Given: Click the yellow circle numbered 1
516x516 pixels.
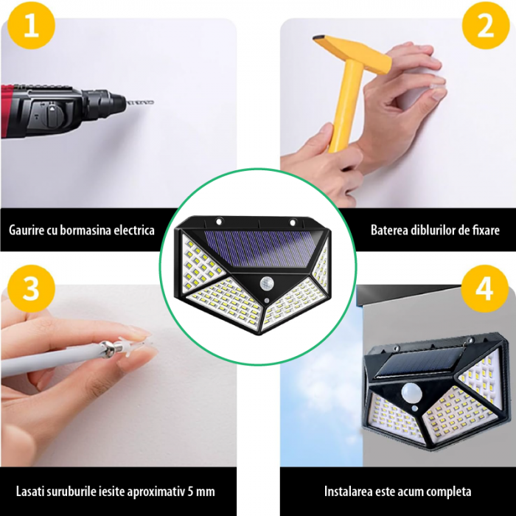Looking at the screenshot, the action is [31, 25].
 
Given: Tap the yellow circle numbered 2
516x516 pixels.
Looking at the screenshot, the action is [486, 25].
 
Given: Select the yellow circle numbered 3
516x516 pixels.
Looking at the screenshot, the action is [31, 289].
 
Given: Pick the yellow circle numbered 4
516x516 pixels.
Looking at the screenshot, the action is [485, 289].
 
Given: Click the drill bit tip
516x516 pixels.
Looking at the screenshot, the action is [153, 102].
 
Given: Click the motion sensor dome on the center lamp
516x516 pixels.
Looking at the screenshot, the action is [266, 283].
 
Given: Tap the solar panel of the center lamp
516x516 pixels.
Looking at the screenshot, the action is [260, 248].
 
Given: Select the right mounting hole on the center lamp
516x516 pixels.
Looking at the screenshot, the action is [292, 223].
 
